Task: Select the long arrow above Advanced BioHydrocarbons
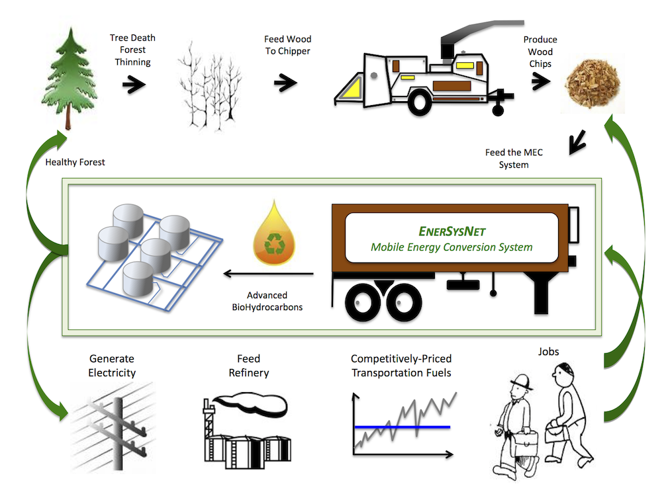pyautogui.click(x=268, y=273)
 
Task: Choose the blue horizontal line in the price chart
pyautogui.click(x=402, y=427)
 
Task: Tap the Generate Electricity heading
pyautogui.click(x=112, y=366)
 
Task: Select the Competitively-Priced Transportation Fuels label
pyautogui.click(x=401, y=366)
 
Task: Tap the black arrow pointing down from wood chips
pyautogui.click(x=578, y=140)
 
